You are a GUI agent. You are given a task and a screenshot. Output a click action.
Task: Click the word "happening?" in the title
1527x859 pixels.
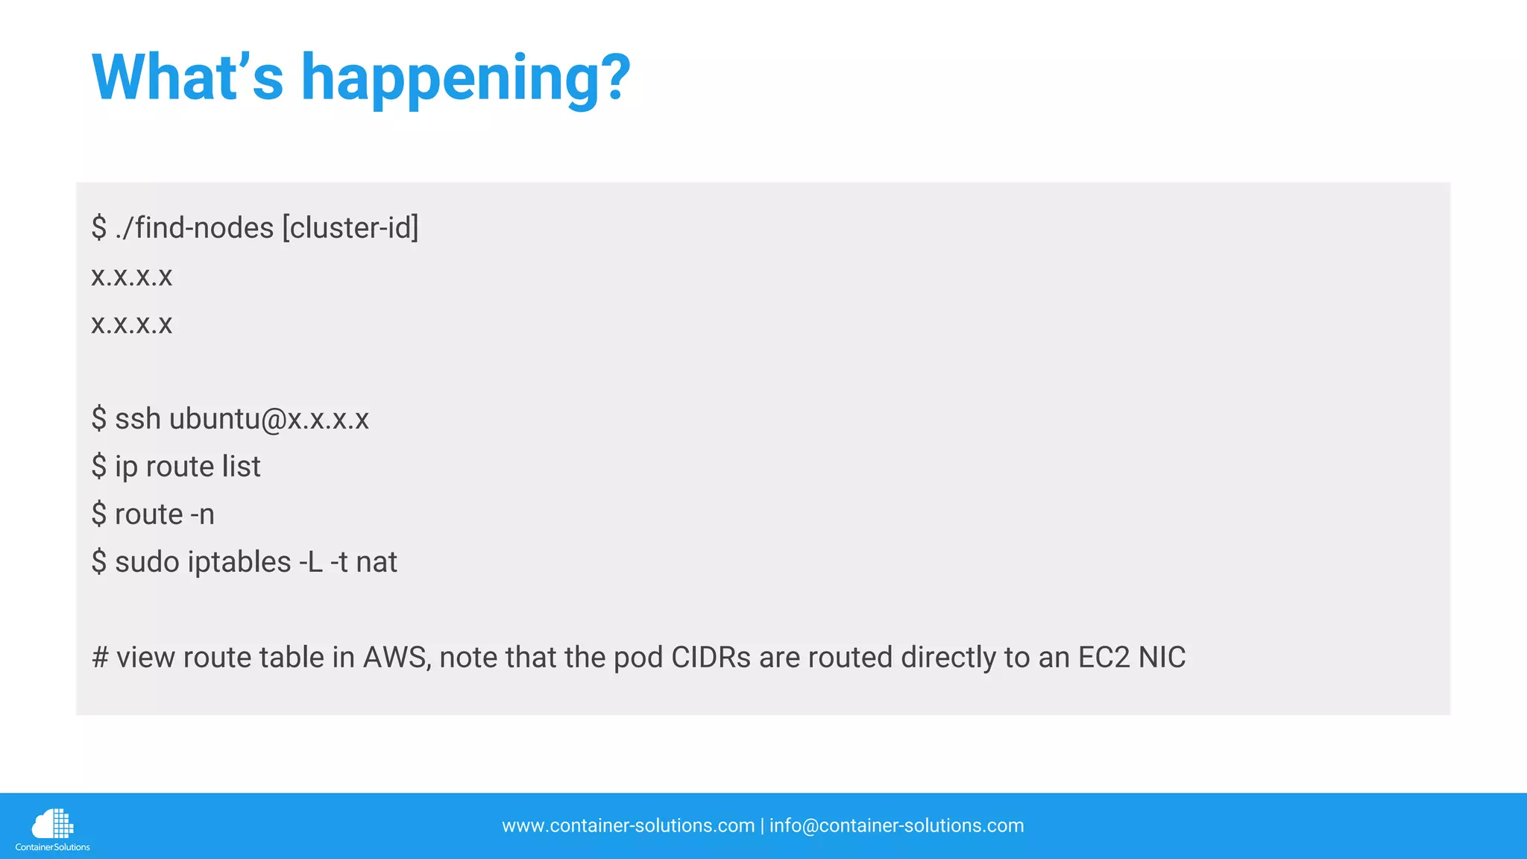(x=465, y=79)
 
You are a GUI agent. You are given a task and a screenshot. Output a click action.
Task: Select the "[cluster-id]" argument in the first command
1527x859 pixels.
(x=350, y=227)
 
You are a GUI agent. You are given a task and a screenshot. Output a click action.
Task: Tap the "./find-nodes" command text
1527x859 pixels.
(x=195, y=227)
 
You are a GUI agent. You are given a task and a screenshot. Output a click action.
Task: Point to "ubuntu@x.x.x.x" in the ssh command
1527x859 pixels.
(x=268, y=419)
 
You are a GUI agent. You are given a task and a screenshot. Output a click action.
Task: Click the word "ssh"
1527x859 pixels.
(x=138, y=419)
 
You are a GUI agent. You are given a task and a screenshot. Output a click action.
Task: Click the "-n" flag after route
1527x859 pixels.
(x=202, y=515)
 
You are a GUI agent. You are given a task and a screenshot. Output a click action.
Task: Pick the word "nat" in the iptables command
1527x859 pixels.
(x=377, y=562)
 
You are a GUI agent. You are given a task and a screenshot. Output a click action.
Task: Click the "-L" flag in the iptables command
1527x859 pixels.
(x=311, y=562)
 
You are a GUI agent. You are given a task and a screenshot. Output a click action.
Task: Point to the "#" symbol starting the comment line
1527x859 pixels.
(x=100, y=658)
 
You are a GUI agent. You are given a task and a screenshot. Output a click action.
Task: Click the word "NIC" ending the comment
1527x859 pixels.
(x=1162, y=658)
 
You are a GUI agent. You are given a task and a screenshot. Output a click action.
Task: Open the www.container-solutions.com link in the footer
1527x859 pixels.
(x=628, y=825)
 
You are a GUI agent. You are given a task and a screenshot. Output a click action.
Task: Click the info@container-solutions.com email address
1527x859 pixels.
(x=896, y=825)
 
